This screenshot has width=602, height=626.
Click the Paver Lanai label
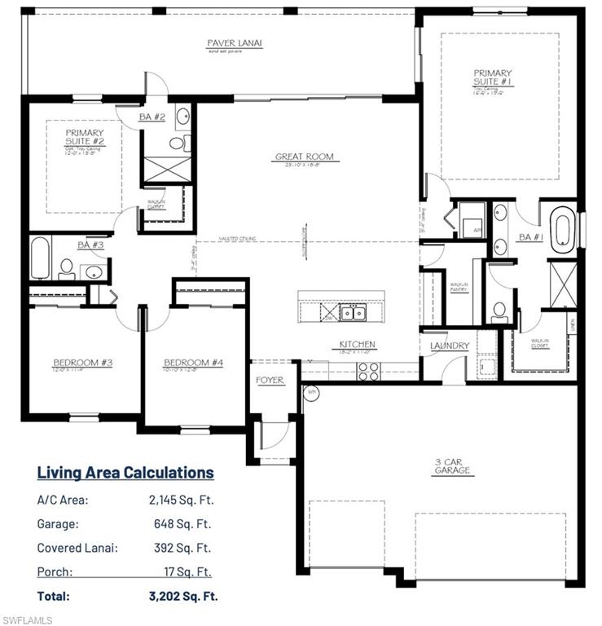[234, 43]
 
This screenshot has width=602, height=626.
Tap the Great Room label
[304, 156]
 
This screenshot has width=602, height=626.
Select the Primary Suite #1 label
[493, 77]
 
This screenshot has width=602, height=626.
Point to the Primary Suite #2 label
[85, 137]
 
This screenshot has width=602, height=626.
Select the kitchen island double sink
[353, 311]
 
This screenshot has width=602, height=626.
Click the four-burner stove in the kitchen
[367, 371]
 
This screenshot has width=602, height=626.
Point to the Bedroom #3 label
[83, 363]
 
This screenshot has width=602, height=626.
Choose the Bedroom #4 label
[193, 363]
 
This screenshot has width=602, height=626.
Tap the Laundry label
[450, 346]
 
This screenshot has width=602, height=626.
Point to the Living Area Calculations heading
[125, 473]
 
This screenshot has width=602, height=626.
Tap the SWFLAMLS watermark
[27, 619]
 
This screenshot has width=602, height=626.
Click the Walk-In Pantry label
[459, 288]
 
